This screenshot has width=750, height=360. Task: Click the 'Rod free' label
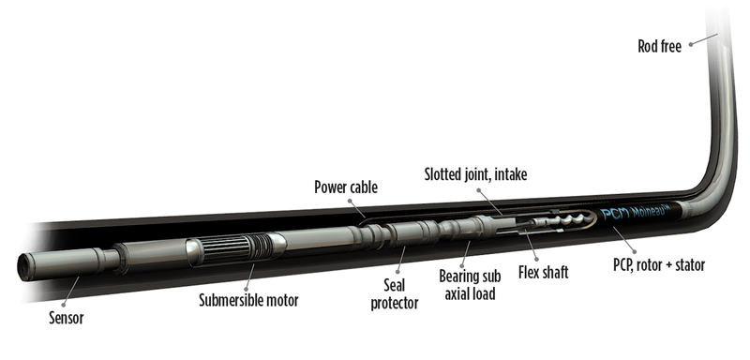point(661,42)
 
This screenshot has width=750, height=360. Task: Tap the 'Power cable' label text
point(344,187)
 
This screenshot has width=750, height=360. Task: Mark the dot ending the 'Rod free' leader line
point(714,37)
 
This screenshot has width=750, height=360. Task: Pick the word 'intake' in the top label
point(512,172)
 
